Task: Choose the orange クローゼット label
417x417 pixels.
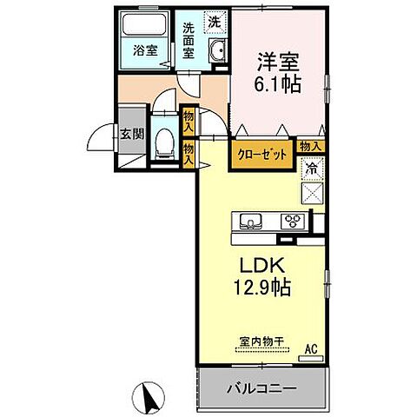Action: (x=262, y=154)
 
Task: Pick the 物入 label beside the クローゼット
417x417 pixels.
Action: (x=310, y=148)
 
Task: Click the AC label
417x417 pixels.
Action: (x=310, y=350)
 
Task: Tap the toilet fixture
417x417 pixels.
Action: (x=162, y=143)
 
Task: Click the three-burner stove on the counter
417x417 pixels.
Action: (x=293, y=221)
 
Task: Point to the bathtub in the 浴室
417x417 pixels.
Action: (x=144, y=26)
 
